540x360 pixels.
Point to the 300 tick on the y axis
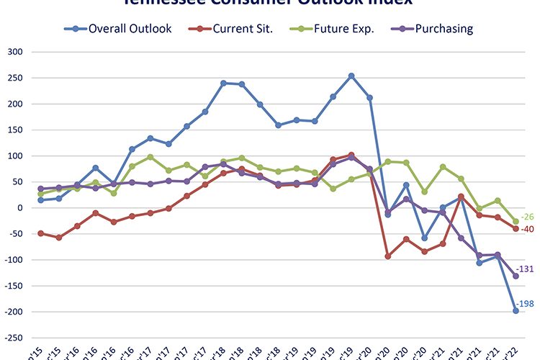coord(16,53)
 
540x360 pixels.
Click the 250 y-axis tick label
coord(16,78)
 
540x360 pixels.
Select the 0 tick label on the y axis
coord(20,208)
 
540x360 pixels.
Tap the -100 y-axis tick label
coord(14,260)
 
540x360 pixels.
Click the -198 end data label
coord(526,305)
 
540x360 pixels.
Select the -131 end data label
coord(526,269)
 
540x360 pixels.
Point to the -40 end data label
coord(528,230)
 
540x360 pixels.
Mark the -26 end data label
coord(528,217)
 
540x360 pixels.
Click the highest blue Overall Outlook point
coord(351,76)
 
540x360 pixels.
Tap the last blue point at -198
coord(516,310)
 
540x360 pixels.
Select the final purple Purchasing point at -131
coord(516,276)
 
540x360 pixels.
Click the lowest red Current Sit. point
coord(388,256)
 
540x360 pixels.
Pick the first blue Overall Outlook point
coord(40,200)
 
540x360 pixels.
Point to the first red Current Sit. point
coord(40,233)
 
